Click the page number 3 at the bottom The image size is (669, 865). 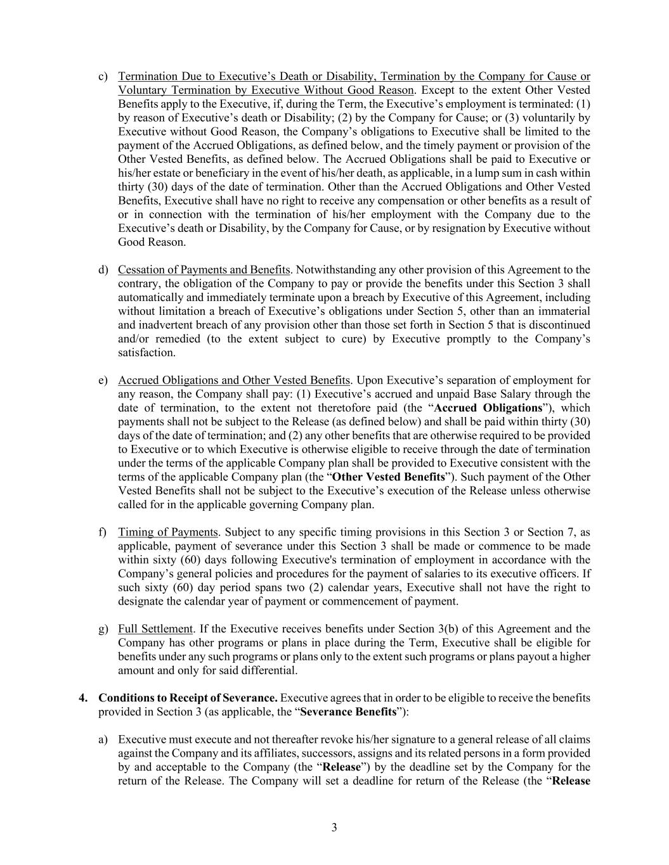point(334,828)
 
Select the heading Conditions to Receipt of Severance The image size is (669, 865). point(188,698)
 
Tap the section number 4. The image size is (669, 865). point(82,698)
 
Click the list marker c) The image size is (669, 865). point(103,77)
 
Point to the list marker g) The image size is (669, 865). point(103,629)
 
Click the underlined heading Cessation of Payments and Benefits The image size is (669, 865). point(204,270)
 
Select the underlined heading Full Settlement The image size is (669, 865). point(155,629)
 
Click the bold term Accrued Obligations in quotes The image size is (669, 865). point(488,408)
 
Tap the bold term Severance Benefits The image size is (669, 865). point(348,712)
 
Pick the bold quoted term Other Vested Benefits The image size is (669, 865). point(388,477)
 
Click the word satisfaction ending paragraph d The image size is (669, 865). point(146,353)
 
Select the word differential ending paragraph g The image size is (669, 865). point(270,670)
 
